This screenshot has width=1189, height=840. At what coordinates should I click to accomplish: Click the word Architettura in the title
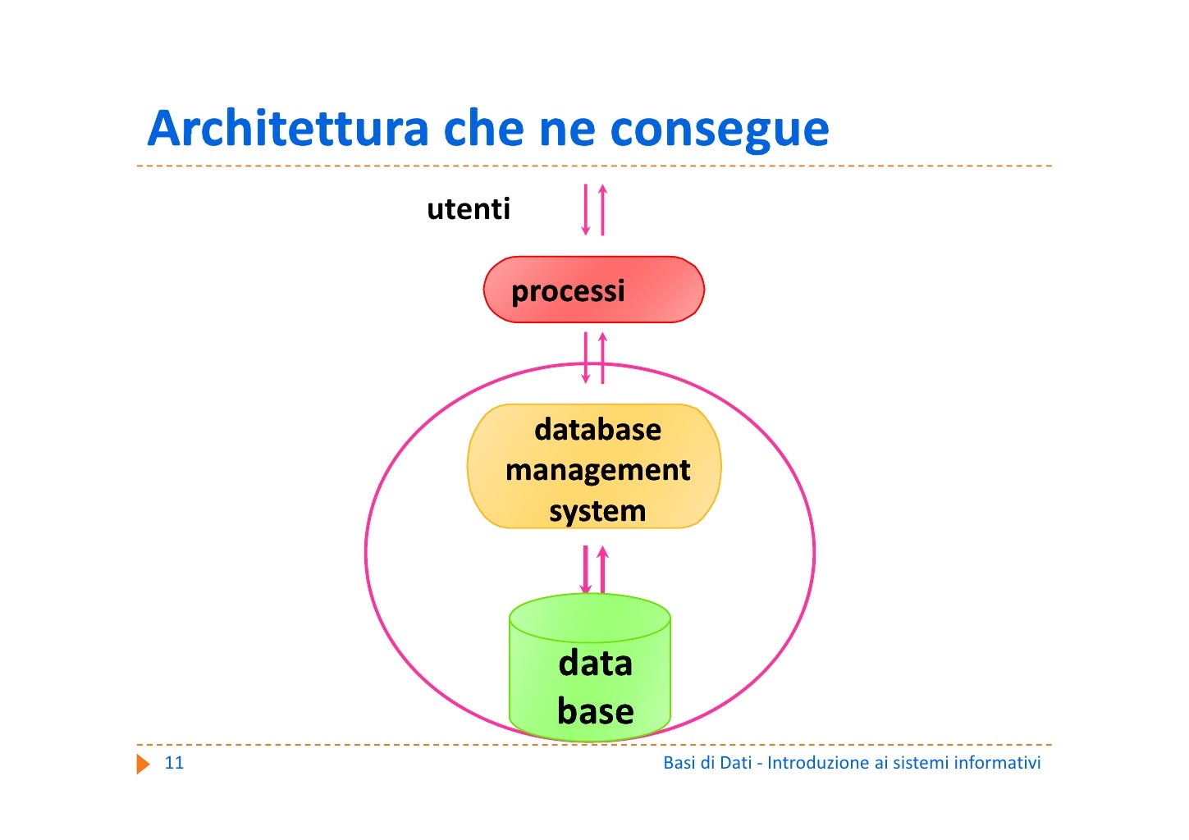pyautogui.click(x=288, y=129)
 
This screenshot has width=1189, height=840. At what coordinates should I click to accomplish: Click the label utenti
pyautogui.click(x=469, y=209)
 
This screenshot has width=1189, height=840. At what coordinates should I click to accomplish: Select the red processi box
pyautogui.click(x=593, y=290)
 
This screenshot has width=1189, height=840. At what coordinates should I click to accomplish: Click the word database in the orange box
pyautogui.click(x=597, y=429)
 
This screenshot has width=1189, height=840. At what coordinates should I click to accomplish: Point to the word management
pyautogui.click(x=597, y=470)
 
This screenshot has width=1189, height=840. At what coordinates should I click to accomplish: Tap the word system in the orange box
pyautogui.click(x=597, y=511)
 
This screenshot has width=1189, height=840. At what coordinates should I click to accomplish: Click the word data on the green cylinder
pyautogui.click(x=595, y=663)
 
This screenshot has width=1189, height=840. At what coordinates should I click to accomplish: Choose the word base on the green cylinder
pyautogui.click(x=595, y=710)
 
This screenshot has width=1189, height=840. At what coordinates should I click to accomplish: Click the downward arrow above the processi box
pyautogui.click(x=585, y=210)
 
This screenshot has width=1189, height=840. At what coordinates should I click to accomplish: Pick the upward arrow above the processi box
pyautogui.click(x=602, y=210)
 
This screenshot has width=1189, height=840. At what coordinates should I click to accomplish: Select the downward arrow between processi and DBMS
pyautogui.click(x=585, y=358)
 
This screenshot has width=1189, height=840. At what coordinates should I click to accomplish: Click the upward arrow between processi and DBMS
pyautogui.click(x=602, y=358)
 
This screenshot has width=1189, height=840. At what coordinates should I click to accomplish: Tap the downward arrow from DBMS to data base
pyautogui.click(x=585, y=569)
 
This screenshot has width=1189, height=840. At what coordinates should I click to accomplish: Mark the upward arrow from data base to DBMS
pyautogui.click(x=602, y=569)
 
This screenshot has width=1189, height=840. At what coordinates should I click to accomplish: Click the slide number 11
pyautogui.click(x=174, y=763)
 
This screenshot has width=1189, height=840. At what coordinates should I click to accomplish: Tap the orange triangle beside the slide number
pyautogui.click(x=144, y=765)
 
